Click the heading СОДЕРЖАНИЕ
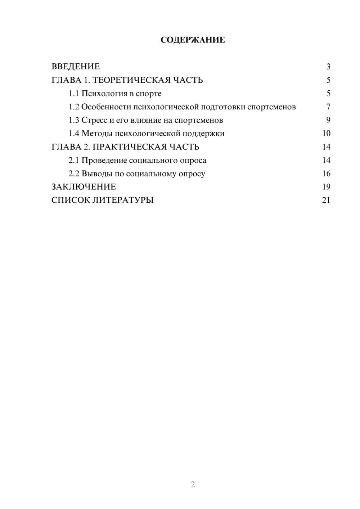tap(193, 40)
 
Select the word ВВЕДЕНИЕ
tap(76, 67)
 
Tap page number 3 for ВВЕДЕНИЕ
tap(328, 67)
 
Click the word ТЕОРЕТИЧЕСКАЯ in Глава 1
tap(131, 80)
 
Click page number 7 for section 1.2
tap(328, 107)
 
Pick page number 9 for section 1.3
tap(328, 120)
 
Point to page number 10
tap(326, 134)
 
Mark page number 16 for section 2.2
tap(326, 174)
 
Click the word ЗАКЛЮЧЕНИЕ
tap(84, 187)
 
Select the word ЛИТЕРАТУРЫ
tap(123, 200)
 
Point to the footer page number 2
tap(193, 485)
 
